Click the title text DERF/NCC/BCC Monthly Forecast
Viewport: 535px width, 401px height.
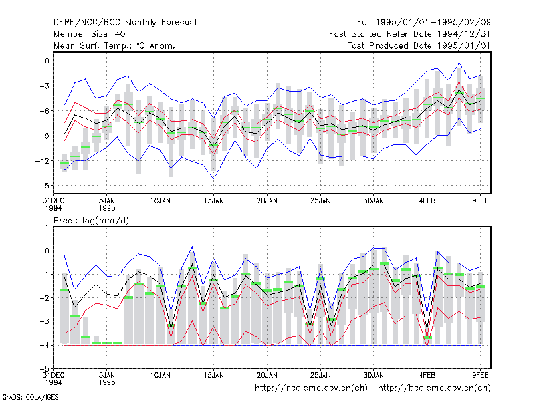coord(125,23)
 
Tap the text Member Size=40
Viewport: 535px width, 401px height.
coord(90,34)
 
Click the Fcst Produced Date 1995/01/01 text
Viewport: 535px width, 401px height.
coord(419,45)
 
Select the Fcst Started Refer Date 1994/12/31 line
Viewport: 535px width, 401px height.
coord(409,34)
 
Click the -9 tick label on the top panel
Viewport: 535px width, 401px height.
coord(44,136)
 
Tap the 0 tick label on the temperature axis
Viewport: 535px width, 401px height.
coord(47,61)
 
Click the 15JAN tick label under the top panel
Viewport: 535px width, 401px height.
coord(214,201)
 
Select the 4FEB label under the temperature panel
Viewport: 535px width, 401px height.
coord(427,201)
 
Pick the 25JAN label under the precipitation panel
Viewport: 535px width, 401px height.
coord(320,375)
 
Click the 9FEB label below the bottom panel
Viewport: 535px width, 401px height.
coord(480,375)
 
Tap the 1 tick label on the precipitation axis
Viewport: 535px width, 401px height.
coord(47,227)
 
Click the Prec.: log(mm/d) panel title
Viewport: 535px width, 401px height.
coord(91,221)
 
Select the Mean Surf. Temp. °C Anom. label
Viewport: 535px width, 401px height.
coord(114,45)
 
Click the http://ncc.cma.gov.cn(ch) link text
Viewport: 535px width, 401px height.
coord(311,388)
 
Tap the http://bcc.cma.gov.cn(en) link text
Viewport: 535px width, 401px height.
coord(434,388)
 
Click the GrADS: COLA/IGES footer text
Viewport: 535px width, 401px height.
coord(30,397)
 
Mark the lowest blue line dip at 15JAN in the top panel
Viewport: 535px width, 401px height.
coord(214,178)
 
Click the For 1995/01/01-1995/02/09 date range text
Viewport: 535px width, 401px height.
coord(424,23)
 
